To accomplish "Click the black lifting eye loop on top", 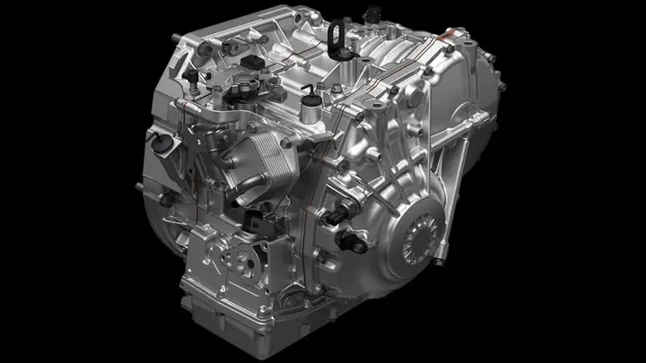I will tap(338, 35).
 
